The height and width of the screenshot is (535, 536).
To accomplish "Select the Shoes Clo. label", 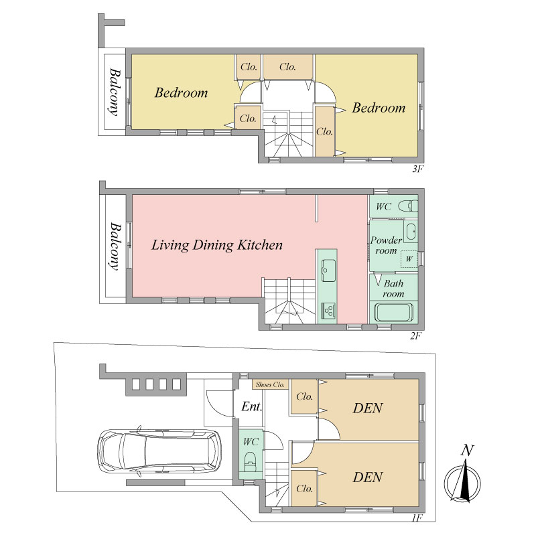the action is [270, 385].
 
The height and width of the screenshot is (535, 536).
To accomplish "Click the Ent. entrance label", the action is [252, 406].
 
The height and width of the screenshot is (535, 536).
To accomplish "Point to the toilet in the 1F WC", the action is [251, 461].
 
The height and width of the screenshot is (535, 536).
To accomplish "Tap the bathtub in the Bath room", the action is [393, 312].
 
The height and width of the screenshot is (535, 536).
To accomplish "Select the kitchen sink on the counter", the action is [328, 271].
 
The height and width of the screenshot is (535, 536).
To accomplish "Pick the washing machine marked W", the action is [409, 259].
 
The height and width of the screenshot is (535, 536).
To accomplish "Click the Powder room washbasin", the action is [411, 231].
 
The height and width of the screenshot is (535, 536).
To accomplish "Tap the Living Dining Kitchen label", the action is [217, 245].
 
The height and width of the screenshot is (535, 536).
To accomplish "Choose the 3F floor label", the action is [417, 169].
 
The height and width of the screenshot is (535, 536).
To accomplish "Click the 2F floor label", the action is [415, 336].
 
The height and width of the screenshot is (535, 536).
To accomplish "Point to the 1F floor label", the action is [417, 518].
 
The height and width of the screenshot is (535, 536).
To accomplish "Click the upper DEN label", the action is [368, 408].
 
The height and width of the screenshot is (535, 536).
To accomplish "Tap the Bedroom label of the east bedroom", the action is [379, 108].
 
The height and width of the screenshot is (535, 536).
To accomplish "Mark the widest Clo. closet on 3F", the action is [288, 67].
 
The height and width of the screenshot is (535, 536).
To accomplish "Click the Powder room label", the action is [387, 245].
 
